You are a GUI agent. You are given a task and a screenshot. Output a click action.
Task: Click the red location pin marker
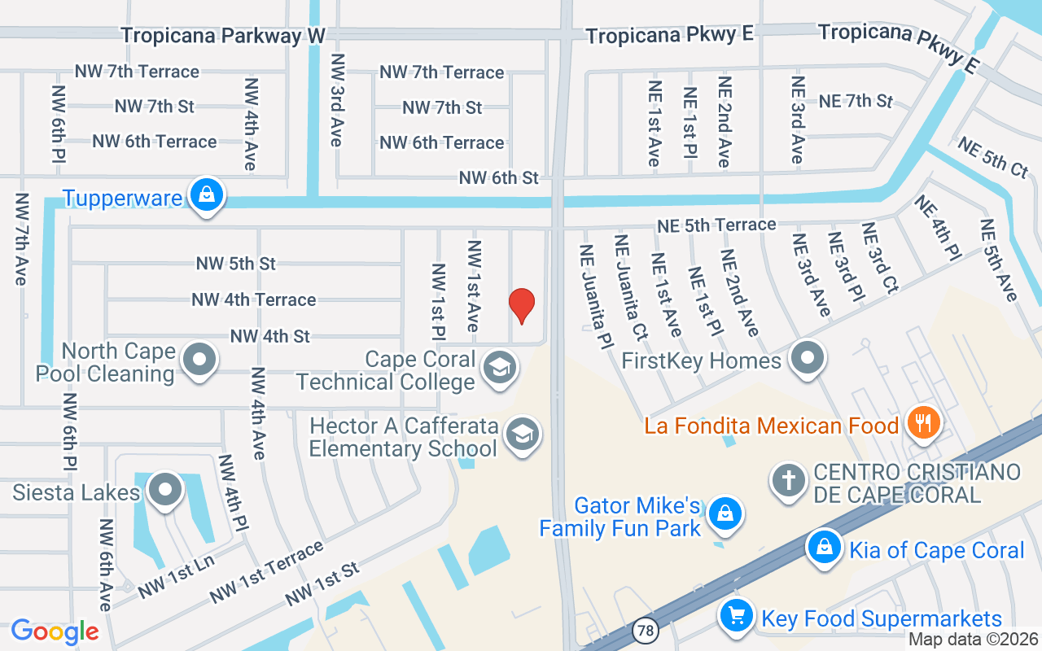521,305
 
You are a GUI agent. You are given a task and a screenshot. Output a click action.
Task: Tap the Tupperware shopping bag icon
208,195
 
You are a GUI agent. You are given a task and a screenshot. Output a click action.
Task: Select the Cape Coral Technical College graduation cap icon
500,368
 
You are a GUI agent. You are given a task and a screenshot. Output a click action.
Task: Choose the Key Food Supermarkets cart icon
737,616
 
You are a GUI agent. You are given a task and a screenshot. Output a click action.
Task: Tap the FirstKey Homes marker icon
808,357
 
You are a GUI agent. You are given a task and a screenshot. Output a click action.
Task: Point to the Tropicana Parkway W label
223,36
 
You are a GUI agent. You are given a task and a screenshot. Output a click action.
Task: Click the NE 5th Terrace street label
716,225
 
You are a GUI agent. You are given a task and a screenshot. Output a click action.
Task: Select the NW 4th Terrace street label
253,299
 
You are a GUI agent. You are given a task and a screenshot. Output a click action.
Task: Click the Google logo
55,631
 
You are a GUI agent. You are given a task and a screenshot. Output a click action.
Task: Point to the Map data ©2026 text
972,640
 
